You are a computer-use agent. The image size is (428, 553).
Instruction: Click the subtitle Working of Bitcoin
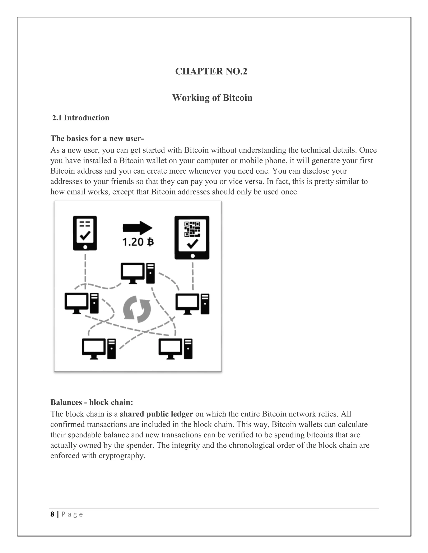tap(212, 98)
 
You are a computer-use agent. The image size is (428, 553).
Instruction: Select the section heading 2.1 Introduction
tap(81, 118)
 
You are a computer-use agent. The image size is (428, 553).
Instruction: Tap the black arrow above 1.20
tap(138, 228)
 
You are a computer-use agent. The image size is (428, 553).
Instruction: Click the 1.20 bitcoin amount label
tap(138, 242)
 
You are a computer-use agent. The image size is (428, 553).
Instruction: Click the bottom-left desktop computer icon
tap(99, 349)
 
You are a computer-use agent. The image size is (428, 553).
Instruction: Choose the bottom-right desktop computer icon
tap(175, 349)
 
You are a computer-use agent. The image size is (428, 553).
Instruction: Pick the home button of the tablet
tap(192, 256)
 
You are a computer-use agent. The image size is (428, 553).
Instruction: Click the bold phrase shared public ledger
tap(156, 414)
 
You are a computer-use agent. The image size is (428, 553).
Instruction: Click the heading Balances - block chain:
tap(92, 402)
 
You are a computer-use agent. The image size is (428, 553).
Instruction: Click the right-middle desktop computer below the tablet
tap(192, 304)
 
